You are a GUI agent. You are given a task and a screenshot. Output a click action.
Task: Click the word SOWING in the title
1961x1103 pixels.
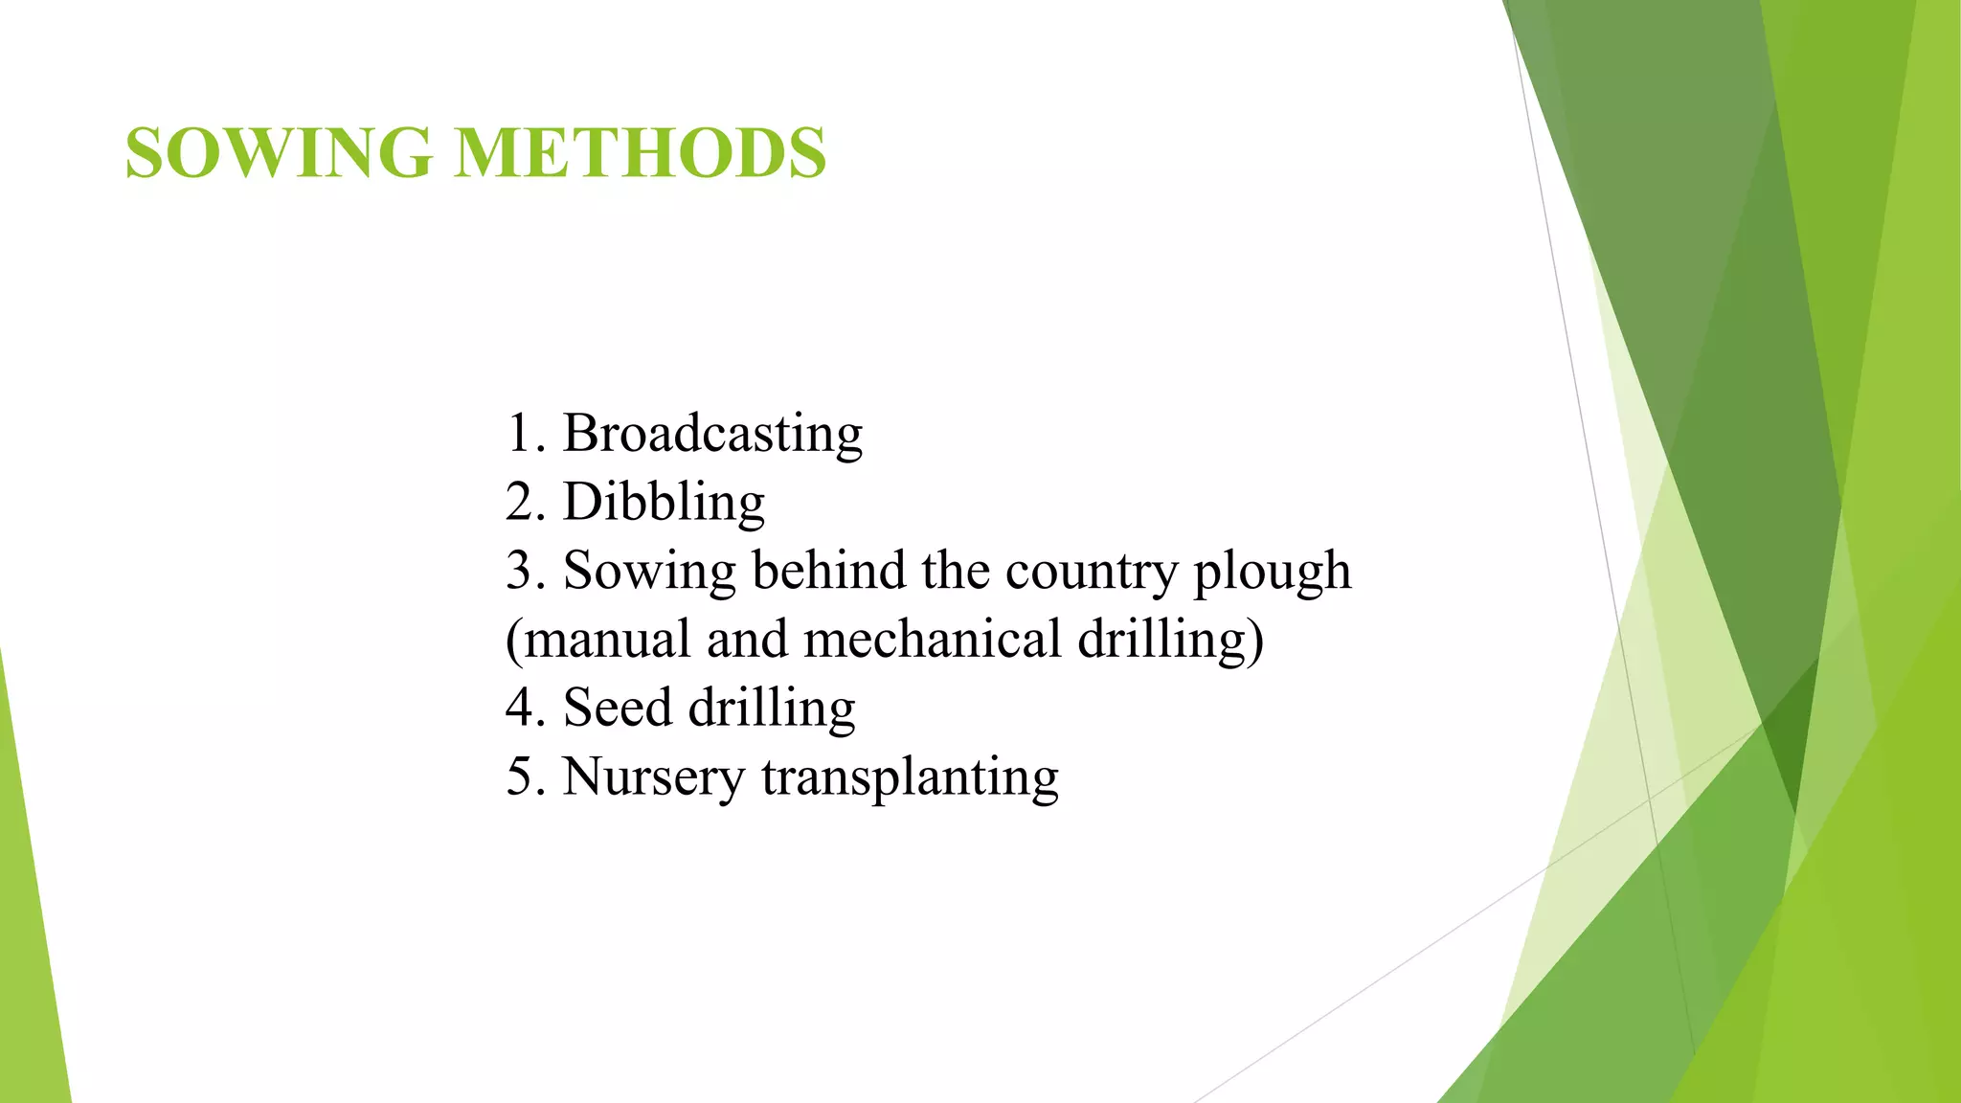pos(279,153)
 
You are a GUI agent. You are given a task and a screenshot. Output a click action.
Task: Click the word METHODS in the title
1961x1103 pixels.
pos(640,153)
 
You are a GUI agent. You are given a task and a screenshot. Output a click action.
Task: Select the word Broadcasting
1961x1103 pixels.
pos(712,434)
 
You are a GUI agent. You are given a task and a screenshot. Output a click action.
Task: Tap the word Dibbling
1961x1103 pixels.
pos(664,503)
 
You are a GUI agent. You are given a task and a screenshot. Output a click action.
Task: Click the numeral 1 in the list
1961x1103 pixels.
pos(518,434)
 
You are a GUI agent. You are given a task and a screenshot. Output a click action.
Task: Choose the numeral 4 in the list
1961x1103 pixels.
pos(519,709)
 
